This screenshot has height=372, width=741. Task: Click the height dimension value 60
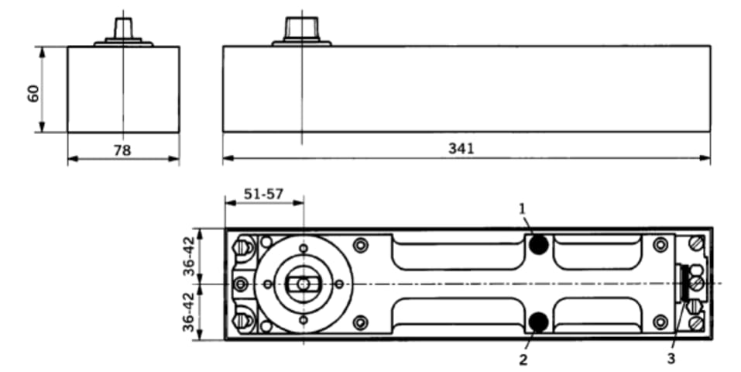[x=33, y=93]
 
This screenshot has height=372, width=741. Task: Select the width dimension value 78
[x=122, y=150]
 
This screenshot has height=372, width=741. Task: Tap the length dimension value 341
[x=461, y=149]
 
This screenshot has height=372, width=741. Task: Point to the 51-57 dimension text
[x=263, y=195]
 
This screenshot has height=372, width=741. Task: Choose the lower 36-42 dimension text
[x=188, y=312]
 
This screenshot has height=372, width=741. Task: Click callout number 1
[x=523, y=208]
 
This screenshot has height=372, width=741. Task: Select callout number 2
[x=523, y=359]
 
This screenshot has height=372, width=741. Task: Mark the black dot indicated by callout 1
[x=539, y=245]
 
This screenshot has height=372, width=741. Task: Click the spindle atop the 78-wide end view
[x=123, y=29]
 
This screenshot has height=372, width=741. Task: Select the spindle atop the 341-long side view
[x=301, y=29]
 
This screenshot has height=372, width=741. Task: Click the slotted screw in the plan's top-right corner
[x=696, y=246]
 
